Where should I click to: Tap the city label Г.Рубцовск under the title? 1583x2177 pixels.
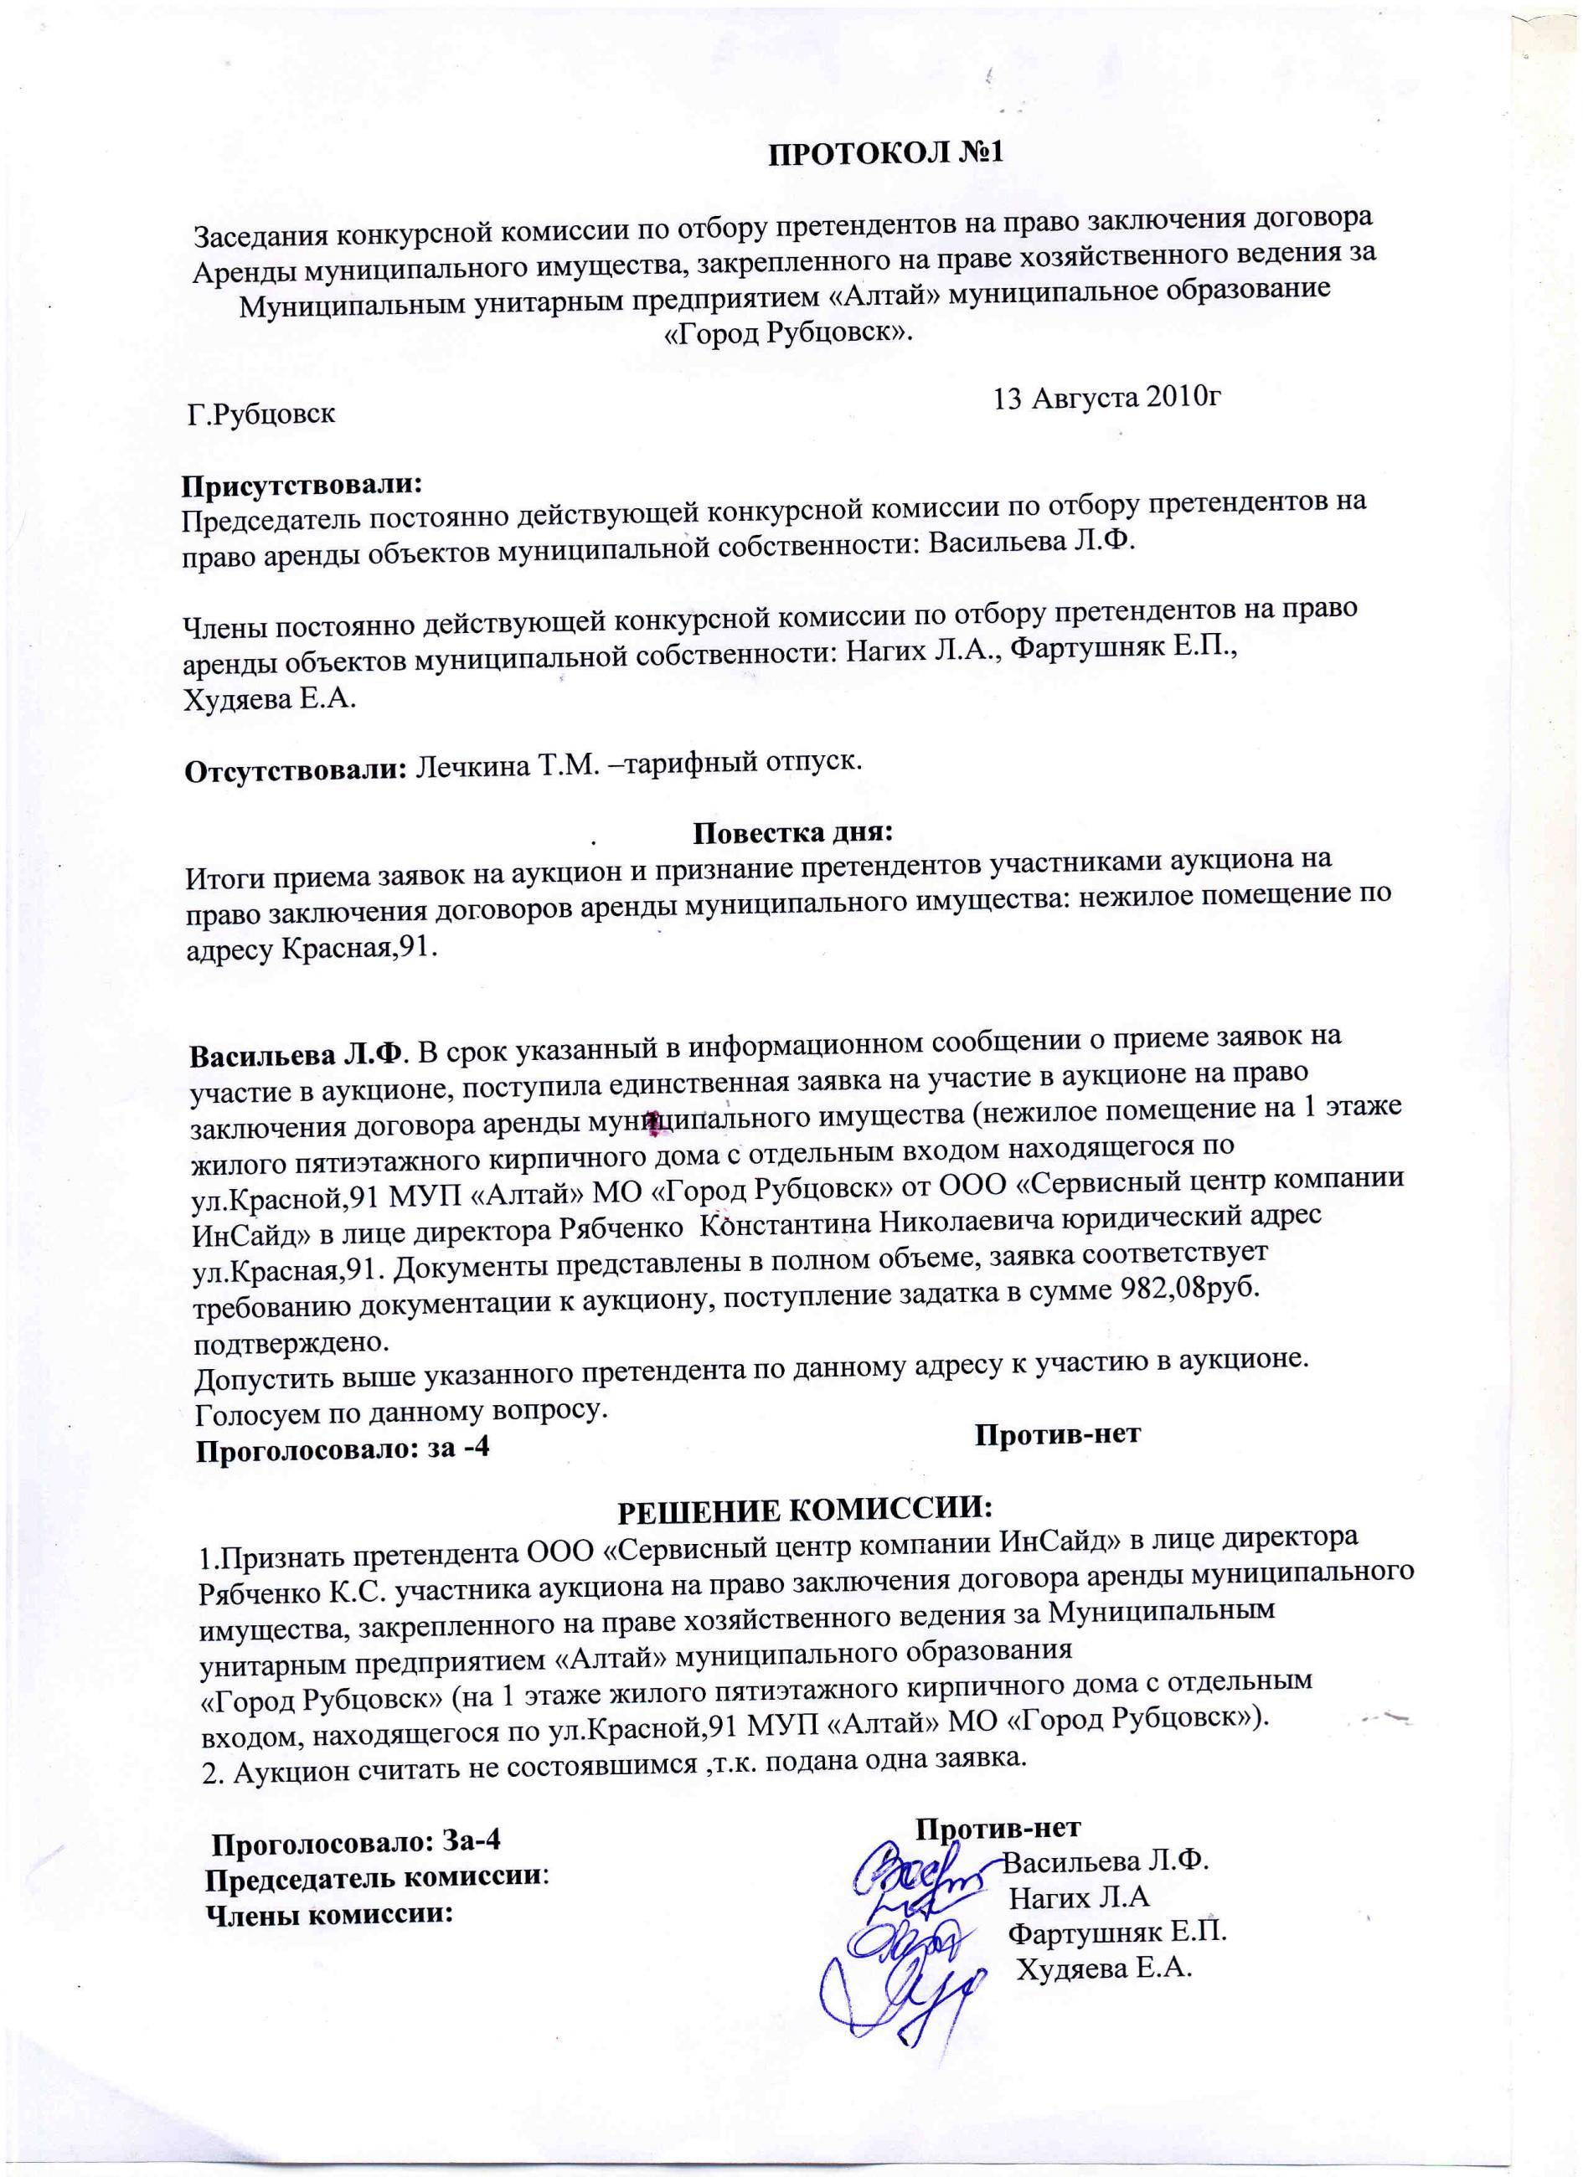(x=261, y=415)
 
